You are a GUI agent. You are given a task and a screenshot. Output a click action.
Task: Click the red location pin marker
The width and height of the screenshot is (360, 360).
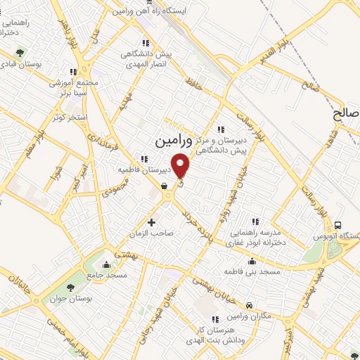181,166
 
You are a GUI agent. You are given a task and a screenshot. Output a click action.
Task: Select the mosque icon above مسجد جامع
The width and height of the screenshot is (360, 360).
106,264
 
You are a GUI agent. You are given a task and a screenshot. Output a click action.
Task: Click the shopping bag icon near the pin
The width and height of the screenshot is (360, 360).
164,186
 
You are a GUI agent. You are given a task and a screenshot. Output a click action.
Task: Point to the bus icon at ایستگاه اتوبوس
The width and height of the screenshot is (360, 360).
339,225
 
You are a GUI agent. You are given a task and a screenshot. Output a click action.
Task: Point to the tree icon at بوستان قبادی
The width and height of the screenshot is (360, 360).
19,53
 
